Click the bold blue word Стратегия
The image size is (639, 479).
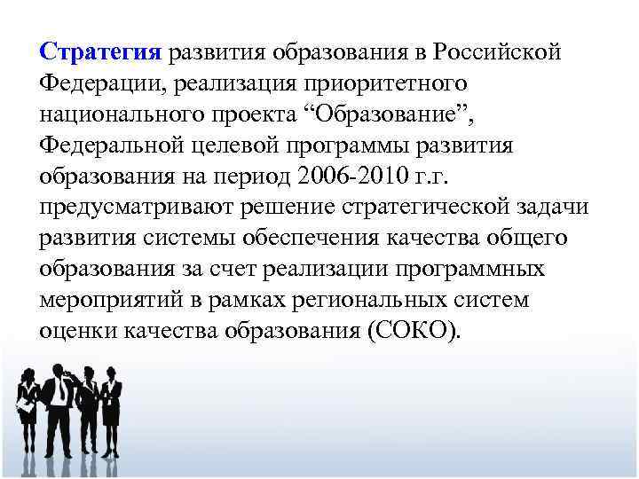pos(100,52)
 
